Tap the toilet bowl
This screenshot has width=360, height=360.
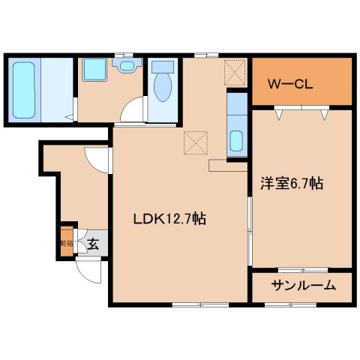[161, 86]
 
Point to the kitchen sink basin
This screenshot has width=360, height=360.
[236, 140]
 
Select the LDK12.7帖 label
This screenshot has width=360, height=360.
[169, 219]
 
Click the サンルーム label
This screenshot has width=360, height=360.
[302, 285]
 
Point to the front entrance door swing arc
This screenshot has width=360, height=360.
[88, 272]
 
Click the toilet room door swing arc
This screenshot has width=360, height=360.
[135, 112]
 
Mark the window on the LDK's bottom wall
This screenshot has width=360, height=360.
[199, 304]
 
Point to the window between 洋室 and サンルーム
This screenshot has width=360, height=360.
[302, 268]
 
